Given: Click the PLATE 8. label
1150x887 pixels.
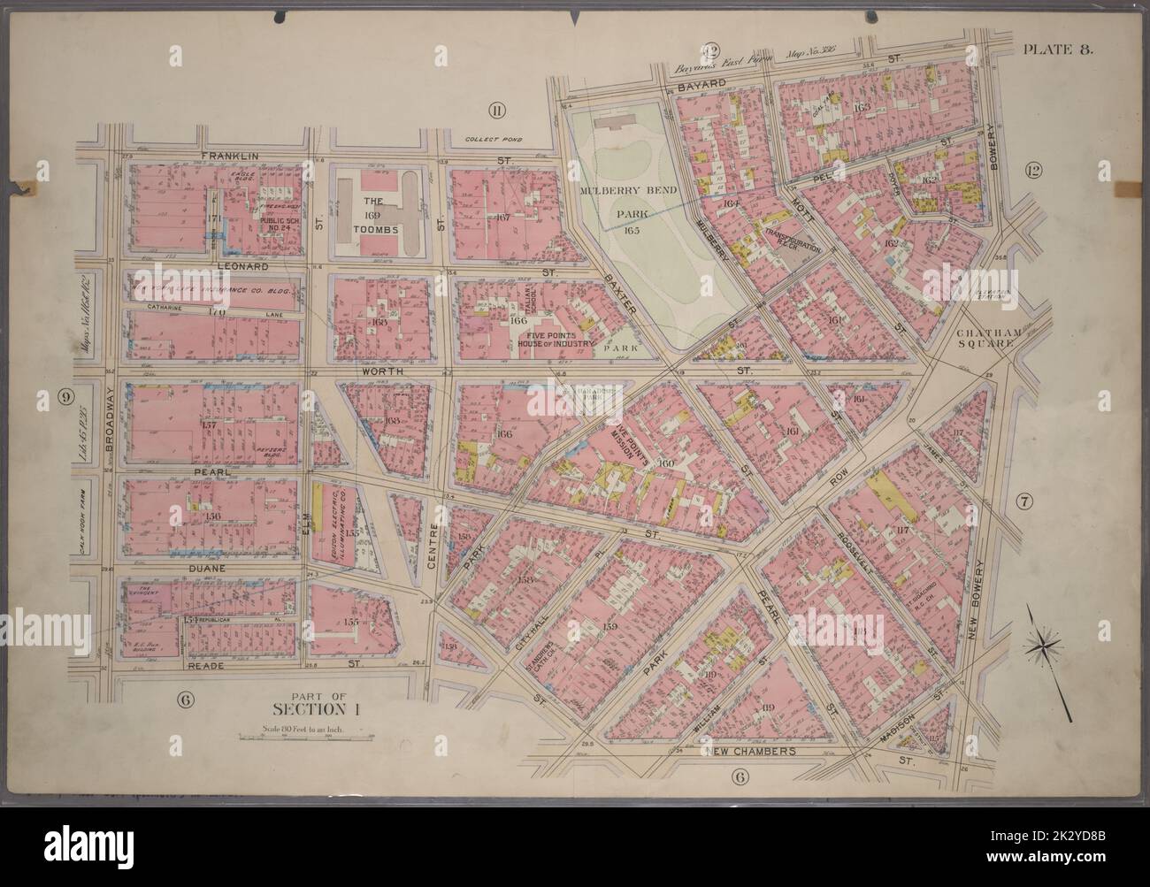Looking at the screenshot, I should [1059, 50].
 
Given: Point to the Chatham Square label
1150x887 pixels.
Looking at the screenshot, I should [988, 340].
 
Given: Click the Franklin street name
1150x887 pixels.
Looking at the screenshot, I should [229, 156].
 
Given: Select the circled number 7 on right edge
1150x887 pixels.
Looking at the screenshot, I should [1026, 503].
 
